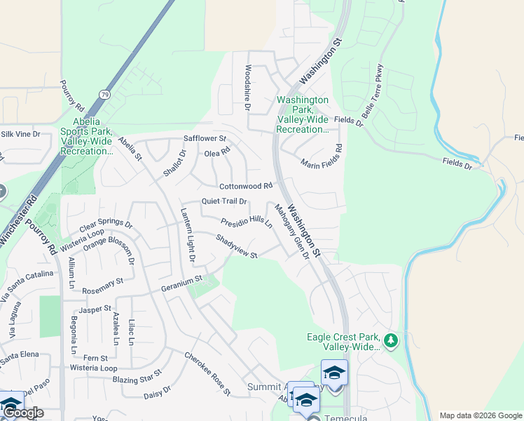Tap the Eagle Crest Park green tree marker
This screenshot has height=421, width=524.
(x=391, y=342)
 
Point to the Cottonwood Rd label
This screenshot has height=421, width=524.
(x=245, y=187)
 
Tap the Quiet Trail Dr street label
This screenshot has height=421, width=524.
(x=224, y=201)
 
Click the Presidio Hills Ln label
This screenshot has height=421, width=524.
(x=247, y=223)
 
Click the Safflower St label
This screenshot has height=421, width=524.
(x=205, y=139)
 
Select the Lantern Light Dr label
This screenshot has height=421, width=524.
(x=187, y=236)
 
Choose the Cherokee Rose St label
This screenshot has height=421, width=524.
(x=207, y=373)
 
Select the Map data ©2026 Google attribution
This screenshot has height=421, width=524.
(x=480, y=415)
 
